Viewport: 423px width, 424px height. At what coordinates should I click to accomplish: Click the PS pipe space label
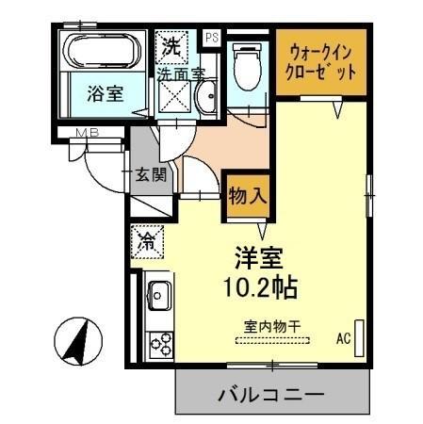[211, 39]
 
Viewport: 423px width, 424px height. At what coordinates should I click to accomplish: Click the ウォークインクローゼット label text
[321, 61]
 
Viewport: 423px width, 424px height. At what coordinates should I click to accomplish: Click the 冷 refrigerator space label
[147, 240]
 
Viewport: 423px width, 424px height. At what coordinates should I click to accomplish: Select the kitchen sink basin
[157, 293]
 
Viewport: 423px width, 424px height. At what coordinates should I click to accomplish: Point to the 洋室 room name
[256, 256]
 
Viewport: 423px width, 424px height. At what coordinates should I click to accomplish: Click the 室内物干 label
[272, 326]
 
